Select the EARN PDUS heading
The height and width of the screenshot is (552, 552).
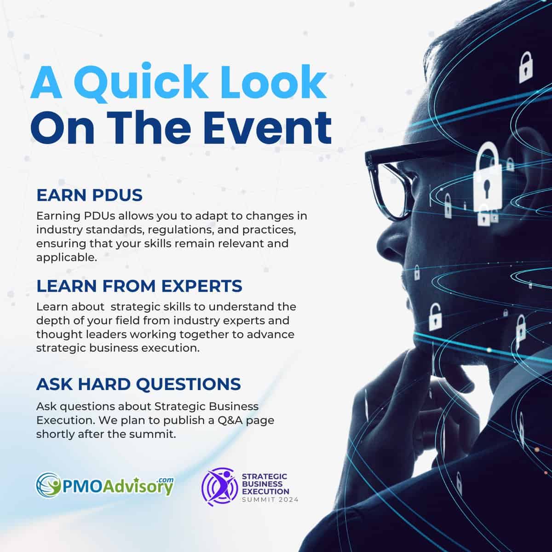pyautogui.click(x=89, y=195)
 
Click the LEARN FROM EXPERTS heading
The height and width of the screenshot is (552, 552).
pyautogui.click(x=139, y=286)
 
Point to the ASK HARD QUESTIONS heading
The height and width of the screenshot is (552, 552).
pyautogui.click(x=138, y=384)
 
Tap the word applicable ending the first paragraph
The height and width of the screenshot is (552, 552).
pyautogui.click(x=66, y=258)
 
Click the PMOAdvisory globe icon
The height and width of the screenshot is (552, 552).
pyautogui.click(x=48, y=485)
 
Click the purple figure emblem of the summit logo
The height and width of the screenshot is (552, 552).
pyautogui.click(x=220, y=487)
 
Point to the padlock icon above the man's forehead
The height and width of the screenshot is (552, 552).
pyautogui.click(x=526, y=68)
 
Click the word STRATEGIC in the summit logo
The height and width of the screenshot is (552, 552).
pyautogui.click(x=264, y=477)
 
